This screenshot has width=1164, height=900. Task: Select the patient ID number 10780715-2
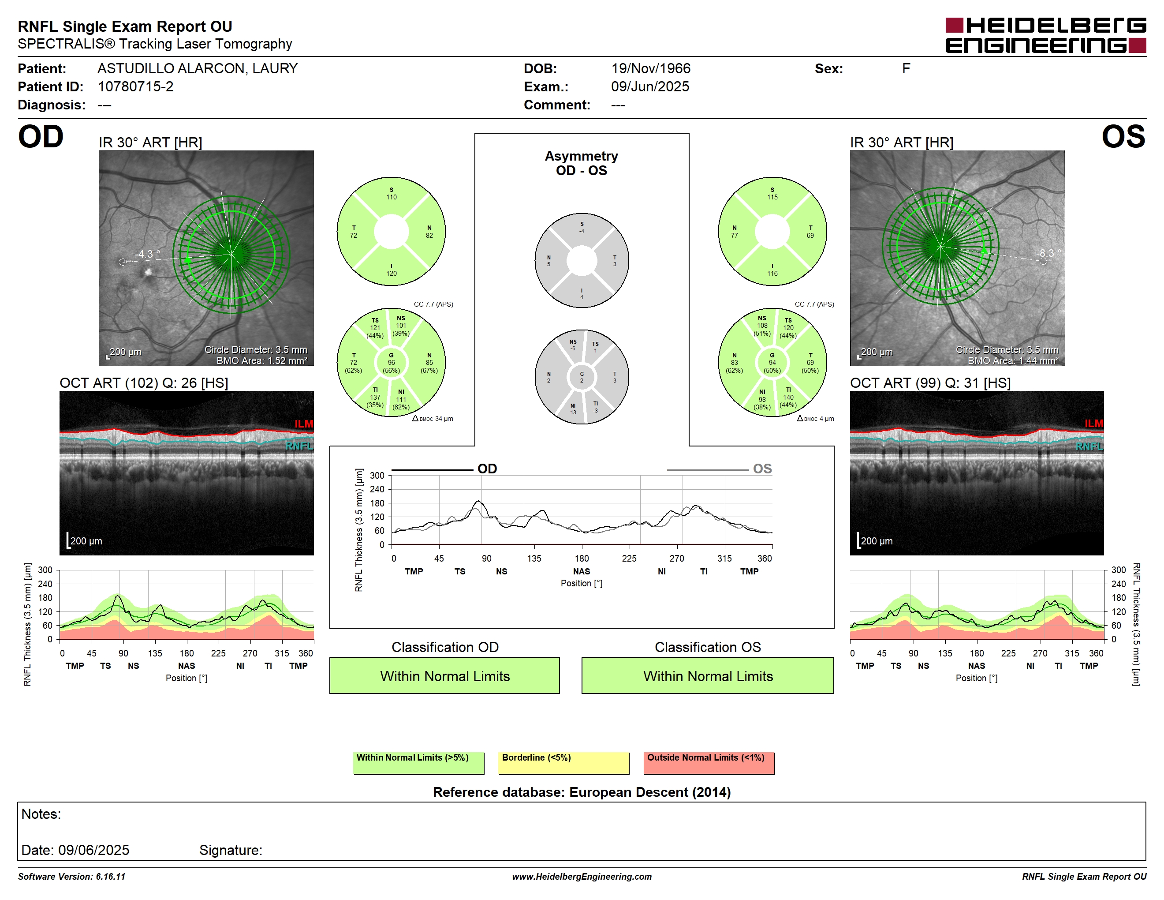pyautogui.click(x=135, y=86)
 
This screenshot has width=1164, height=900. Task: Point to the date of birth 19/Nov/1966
pyautogui.click(x=650, y=68)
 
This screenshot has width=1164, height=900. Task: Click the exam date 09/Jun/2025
pyautogui.click(x=650, y=86)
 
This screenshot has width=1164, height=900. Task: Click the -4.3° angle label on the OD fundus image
pyautogui.click(x=147, y=254)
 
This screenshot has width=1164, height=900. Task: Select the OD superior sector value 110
pyautogui.click(x=391, y=197)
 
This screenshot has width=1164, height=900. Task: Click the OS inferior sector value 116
pyautogui.click(x=772, y=274)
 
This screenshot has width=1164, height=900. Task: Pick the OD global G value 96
pyautogui.click(x=391, y=363)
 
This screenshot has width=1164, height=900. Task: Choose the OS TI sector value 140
pyautogui.click(x=788, y=397)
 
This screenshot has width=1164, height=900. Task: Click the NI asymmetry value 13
pyautogui.click(x=573, y=412)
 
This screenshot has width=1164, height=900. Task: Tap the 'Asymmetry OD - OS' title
pyautogui.click(x=582, y=163)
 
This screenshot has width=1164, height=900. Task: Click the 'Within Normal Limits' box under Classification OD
pyautogui.click(x=444, y=675)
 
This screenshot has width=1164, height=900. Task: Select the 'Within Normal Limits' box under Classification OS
pyautogui.click(x=707, y=675)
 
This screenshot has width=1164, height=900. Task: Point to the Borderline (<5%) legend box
pyautogui.click(x=563, y=763)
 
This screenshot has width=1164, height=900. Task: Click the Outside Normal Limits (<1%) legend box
pyautogui.click(x=709, y=763)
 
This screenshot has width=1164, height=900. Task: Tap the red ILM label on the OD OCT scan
pyautogui.click(x=304, y=424)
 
